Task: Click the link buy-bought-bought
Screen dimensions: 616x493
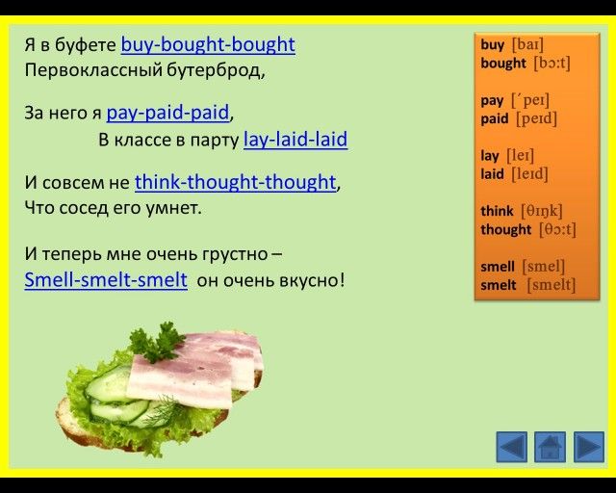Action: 208,45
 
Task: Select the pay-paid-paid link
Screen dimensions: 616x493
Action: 167,113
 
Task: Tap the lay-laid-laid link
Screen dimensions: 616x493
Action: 295,140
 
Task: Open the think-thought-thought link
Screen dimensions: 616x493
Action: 235,182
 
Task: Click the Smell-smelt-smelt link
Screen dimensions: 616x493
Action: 106,280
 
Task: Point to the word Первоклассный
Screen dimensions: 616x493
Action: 93,71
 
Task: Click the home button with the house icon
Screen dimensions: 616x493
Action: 550,447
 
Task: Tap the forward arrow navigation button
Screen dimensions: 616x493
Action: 589,447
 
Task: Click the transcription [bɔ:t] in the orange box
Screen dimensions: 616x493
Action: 552,64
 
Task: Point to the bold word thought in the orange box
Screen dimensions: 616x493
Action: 505,229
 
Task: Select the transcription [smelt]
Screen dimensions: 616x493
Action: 551,285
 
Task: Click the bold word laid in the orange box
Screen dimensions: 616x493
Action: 492,173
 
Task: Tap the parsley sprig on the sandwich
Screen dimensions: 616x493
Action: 156,342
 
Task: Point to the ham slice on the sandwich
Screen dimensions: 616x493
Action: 196,370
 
